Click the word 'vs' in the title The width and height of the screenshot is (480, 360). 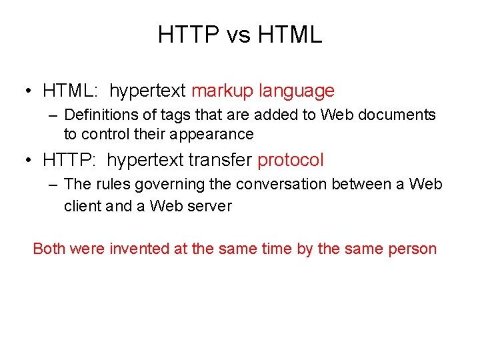(238, 35)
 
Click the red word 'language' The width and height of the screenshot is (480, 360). (297, 91)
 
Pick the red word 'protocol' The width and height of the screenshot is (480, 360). (291, 160)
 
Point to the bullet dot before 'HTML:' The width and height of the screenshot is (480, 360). (29, 91)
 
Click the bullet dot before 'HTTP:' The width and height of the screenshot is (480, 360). (29, 161)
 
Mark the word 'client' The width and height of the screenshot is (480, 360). (83, 206)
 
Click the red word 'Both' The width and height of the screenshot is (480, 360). (49, 249)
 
